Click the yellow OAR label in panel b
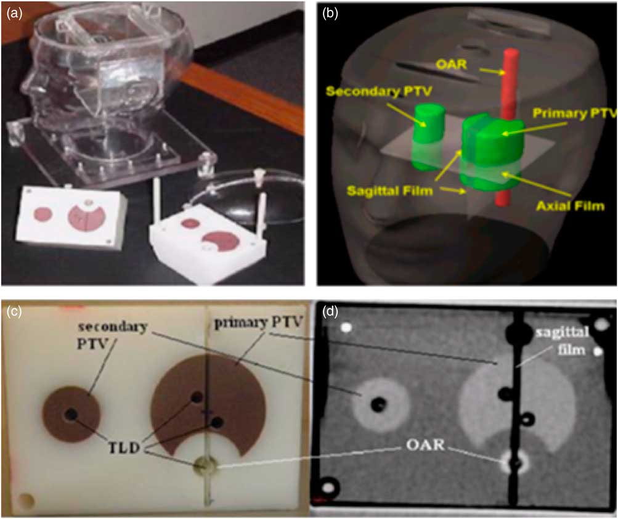[x=452, y=63]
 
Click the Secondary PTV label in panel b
[x=379, y=91]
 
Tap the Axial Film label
[x=571, y=205]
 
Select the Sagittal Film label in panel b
[x=389, y=191]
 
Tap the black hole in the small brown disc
[x=71, y=414]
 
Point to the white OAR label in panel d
[x=425, y=445]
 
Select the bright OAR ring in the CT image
[x=515, y=462]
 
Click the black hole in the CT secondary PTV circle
[x=379, y=404]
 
